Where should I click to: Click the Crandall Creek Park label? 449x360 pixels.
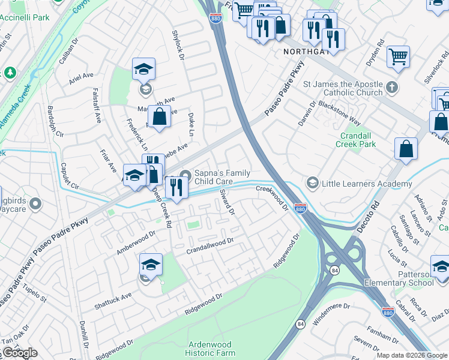(x=356, y=140)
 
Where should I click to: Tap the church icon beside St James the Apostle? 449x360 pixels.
(x=391, y=88)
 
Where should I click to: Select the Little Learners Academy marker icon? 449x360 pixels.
(x=312, y=182)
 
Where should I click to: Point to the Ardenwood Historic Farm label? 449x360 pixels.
(x=210, y=349)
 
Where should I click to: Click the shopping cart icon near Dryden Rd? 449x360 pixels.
(x=399, y=58)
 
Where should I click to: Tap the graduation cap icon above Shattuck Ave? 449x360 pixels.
(x=151, y=263)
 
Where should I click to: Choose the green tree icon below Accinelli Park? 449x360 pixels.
(x=10, y=73)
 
